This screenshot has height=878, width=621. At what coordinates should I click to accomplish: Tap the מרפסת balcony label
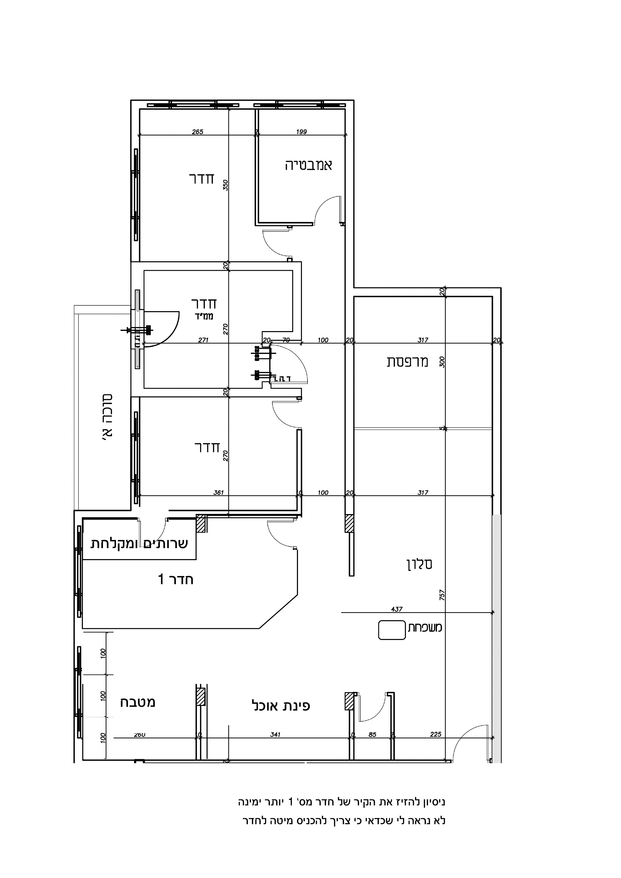(407, 362)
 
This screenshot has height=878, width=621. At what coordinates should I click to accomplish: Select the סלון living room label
(419, 564)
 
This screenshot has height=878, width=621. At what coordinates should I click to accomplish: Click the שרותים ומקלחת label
(139, 544)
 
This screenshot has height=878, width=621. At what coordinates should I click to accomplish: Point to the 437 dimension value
(397, 609)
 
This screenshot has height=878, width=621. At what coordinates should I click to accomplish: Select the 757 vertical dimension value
(442, 594)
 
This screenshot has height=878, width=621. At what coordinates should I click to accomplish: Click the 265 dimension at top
(197, 132)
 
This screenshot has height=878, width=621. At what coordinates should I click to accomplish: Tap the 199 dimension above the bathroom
(301, 132)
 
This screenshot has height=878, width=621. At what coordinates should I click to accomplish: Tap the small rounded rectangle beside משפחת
(391, 630)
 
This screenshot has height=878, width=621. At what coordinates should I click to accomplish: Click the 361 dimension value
(219, 493)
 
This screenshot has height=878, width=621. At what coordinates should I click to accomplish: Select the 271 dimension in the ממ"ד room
(203, 340)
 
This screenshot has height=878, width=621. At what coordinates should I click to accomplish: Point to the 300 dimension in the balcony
(442, 362)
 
